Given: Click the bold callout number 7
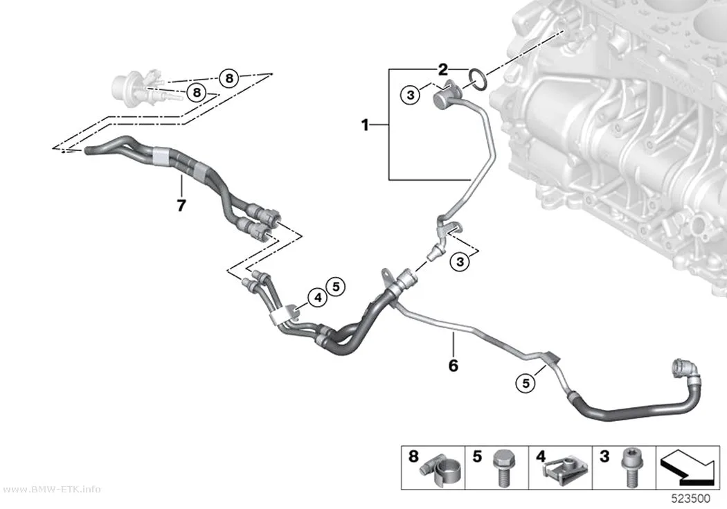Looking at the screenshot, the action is [181, 205].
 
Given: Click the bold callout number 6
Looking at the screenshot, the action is [453, 366].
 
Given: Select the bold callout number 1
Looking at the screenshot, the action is [366, 125].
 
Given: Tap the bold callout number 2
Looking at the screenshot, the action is [443, 69].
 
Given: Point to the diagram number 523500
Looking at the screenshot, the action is [691, 499].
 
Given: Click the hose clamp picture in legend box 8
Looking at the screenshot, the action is [441, 472].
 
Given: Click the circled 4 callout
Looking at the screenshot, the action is [318, 297].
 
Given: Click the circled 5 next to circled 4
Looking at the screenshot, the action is [336, 287].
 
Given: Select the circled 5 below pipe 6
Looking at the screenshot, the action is [526, 384].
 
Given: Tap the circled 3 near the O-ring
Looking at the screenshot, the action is [411, 96].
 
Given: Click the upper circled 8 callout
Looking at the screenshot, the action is [229, 78].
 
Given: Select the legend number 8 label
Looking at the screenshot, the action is [413, 456].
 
